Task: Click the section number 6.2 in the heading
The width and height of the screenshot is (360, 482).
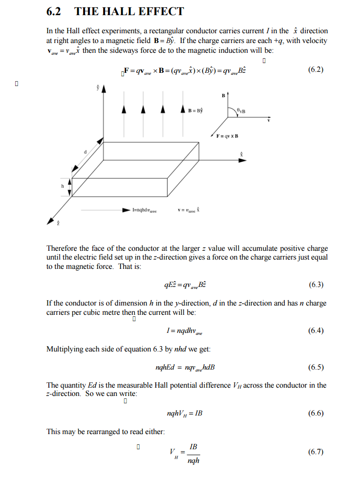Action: (56, 12)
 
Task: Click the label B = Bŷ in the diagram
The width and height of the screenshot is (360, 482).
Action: (196, 110)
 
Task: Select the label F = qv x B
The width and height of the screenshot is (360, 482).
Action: (227, 136)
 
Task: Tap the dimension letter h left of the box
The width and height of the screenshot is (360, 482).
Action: (63, 186)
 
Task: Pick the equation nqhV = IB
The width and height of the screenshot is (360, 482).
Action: (184, 414)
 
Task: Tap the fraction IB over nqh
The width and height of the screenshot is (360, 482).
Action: (193, 453)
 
